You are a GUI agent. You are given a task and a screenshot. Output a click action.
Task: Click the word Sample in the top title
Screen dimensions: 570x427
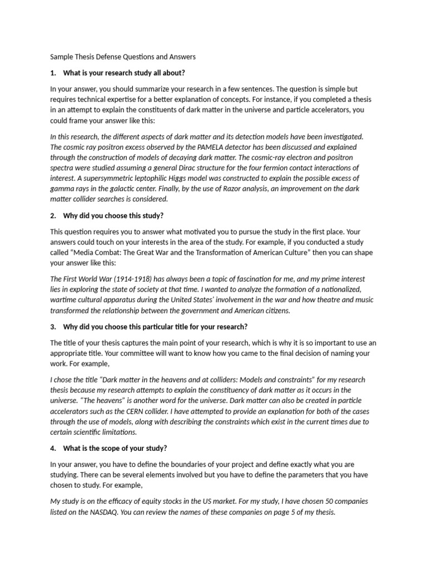pos(62,56)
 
